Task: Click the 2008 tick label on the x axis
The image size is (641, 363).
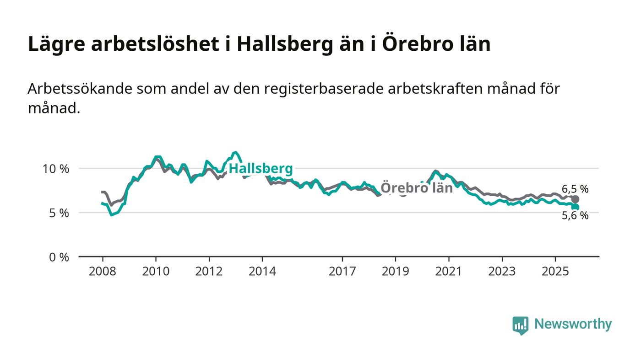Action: tap(102, 271)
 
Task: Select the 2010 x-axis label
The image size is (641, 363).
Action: tap(156, 271)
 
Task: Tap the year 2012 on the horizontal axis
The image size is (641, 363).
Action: tap(209, 271)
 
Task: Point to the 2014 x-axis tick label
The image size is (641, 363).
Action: tap(262, 271)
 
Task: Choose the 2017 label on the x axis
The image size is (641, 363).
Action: tap(342, 271)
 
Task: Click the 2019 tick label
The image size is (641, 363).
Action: tap(395, 271)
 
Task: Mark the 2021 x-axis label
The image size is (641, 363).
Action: tap(448, 271)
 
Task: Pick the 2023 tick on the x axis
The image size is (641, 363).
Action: tap(502, 271)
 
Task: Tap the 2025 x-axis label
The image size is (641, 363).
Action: tap(555, 271)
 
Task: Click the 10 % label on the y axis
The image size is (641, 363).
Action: tap(55, 169)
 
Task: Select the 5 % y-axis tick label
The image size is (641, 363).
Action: tap(59, 213)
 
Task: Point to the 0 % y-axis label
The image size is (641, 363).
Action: tap(59, 257)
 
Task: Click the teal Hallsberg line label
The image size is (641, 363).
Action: tap(261, 169)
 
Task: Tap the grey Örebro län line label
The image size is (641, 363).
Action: tap(417, 188)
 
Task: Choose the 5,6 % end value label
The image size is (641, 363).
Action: tap(575, 216)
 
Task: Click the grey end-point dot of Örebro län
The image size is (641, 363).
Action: tap(575, 199)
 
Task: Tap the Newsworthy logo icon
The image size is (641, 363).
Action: tap(520, 325)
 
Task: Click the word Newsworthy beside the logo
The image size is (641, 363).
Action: tap(573, 324)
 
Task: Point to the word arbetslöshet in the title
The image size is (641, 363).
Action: tap(153, 44)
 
